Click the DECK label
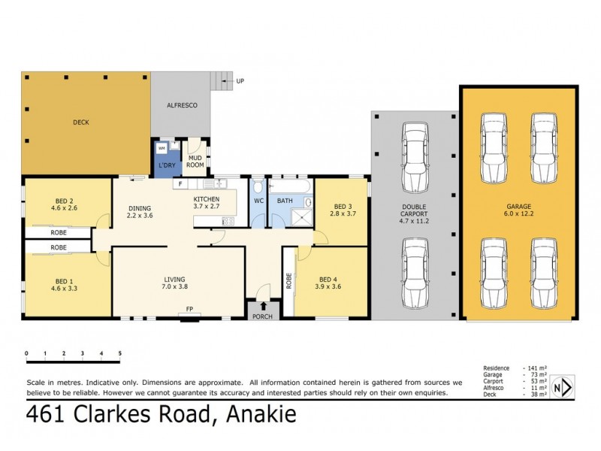point(80,122)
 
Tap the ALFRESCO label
point(181,106)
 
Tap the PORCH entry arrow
point(263,305)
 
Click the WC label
point(258,201)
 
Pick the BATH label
point(285,201)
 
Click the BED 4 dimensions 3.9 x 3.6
point(328,286)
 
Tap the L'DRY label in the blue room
point(165,165)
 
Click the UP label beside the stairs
point(240,80)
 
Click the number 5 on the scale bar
point(119,353)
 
